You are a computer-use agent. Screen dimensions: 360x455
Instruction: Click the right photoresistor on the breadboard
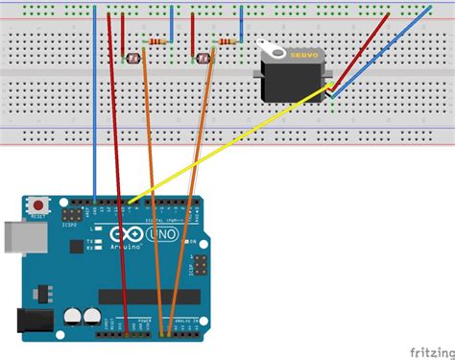(x=204, y=60)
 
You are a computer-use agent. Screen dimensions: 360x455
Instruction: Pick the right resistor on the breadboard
(x=227, y=42)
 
